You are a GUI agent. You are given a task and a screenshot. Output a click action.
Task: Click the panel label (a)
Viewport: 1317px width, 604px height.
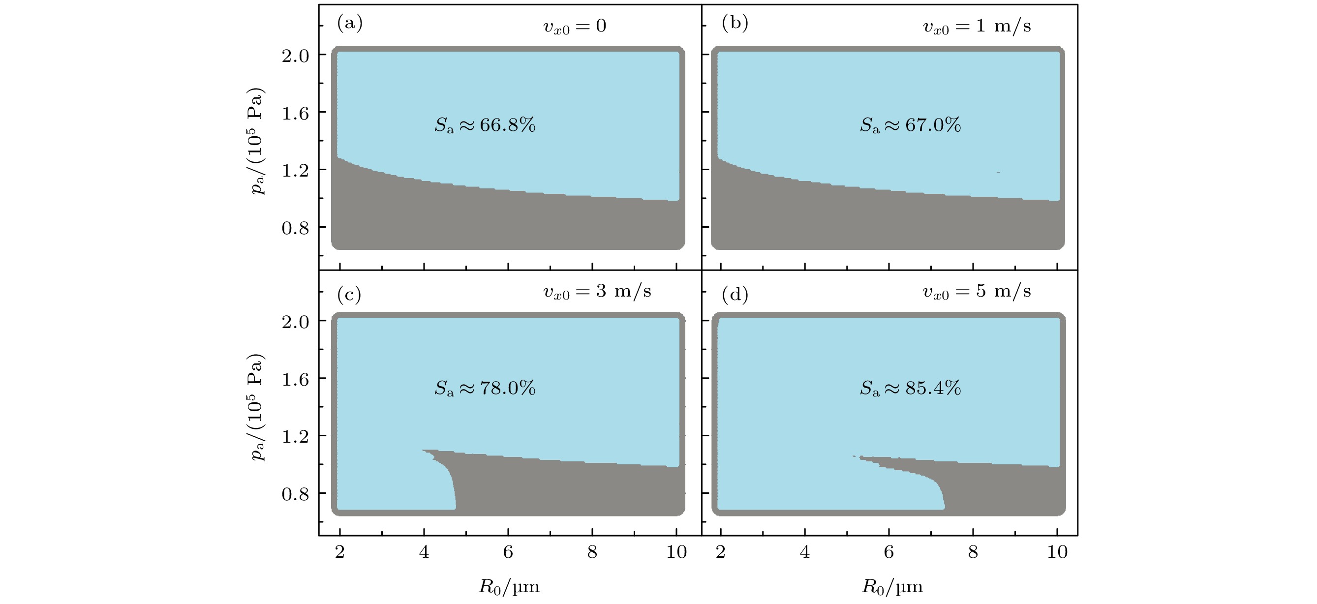coord(350,24)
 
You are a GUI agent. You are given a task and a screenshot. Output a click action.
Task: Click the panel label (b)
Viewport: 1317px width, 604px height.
coord(735,24)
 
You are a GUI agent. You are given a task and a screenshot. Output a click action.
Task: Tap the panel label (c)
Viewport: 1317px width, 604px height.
coord(349,294)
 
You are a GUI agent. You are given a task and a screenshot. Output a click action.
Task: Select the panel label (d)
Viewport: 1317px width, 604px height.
coord(735,294)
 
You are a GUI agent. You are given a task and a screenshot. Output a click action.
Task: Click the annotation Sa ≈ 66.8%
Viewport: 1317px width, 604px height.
coord(485,125)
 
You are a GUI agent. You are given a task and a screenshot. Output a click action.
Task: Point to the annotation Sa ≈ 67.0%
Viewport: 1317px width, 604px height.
coord(910,125)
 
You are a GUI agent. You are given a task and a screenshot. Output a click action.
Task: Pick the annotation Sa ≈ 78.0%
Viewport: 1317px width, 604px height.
coord(485,389)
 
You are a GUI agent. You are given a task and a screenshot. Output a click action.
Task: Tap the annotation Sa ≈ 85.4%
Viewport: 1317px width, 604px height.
coord(910,389)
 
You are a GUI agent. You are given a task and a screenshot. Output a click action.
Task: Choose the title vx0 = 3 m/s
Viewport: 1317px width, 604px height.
coord(597,292)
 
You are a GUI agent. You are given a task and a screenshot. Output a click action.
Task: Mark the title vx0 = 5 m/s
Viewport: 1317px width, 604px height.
coord(977,292)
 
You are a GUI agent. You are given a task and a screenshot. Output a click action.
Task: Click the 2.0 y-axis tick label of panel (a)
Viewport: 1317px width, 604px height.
coord(296,56)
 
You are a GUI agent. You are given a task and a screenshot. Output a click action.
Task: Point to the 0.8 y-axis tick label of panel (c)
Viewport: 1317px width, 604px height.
coord(296,495)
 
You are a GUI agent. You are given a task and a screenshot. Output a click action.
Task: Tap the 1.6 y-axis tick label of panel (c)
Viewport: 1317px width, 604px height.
coord(296,379)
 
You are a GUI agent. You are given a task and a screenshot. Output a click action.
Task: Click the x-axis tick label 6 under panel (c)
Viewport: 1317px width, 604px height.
coord(508,552)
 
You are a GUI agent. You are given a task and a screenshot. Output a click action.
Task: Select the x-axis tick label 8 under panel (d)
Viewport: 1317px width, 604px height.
coord(973,552)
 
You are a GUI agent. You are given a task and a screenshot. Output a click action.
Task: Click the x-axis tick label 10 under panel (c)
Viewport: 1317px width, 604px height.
coord(676,552)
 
